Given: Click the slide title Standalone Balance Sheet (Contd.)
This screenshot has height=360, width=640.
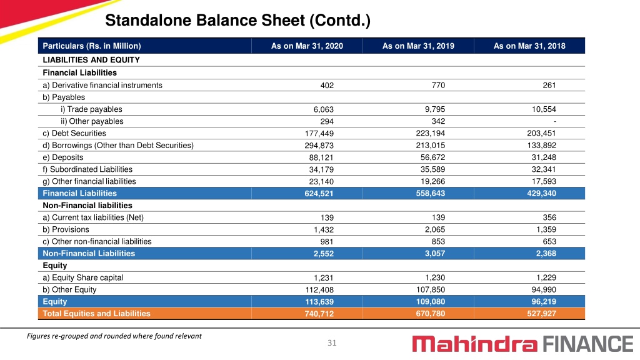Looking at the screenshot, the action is [237, 21].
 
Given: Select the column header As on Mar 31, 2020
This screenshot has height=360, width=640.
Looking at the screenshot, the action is [307, 46].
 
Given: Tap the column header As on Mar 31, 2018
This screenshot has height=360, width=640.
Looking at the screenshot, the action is [529, 46].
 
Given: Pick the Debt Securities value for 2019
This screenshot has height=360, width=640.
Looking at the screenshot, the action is [431, 134].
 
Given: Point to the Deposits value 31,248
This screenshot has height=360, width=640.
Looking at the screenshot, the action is [544, 157].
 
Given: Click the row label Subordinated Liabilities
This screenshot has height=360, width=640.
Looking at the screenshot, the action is [87, 169].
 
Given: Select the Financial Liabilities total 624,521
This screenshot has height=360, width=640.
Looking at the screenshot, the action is [319, 194].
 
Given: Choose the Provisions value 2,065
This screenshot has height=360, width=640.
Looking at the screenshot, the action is [435, 229].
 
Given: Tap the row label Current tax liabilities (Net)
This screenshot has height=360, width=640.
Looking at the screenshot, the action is [93, 217].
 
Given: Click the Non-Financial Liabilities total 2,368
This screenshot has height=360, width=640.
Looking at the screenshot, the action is [546, 254].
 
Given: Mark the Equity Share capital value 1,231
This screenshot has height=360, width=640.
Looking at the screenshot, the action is [323, 277].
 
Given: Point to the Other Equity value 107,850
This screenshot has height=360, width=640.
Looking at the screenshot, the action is [431, 290].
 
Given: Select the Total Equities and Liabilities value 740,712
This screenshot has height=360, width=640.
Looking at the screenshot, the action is [319, 314].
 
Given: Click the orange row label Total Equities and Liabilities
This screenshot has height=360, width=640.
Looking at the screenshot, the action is [96, 314].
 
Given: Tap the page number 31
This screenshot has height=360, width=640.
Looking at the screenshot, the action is [332, 343].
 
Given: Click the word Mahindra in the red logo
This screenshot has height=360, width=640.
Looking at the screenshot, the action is [475, 344].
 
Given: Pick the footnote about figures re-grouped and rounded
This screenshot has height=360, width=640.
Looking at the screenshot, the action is [114, 336].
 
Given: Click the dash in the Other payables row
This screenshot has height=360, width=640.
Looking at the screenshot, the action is [555, 121].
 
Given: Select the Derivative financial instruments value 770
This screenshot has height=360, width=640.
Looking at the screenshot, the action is [438, 85].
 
